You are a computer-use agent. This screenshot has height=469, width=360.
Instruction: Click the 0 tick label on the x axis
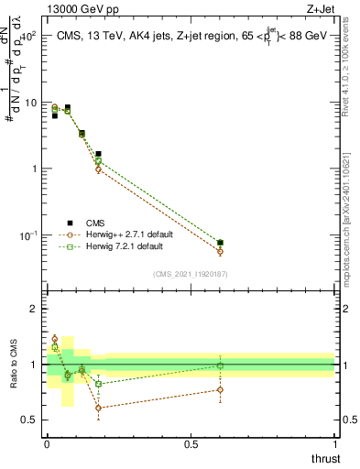(47, 444)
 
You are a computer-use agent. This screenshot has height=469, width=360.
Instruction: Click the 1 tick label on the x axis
(335, 444)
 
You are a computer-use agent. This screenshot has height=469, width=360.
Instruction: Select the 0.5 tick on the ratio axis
(32, 420)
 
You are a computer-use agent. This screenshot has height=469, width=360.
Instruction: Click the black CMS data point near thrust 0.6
(220, 243)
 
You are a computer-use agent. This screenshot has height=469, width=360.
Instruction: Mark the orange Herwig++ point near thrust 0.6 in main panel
(220, 251)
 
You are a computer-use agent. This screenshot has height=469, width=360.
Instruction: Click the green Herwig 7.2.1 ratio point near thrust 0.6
(220, 365)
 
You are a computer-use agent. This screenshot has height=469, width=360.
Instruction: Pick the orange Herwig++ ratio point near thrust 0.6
(220, 390)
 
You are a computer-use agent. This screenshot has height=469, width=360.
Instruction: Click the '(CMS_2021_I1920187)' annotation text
(190, 273)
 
